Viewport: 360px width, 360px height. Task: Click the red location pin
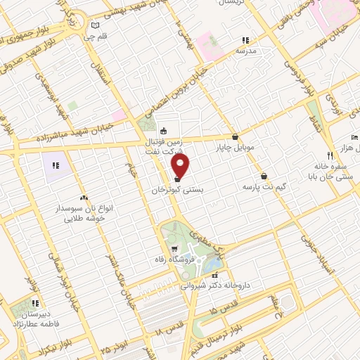point(181,166)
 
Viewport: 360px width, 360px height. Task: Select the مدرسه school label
point(245,51)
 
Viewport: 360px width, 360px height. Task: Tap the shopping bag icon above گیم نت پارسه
point(264,176)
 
